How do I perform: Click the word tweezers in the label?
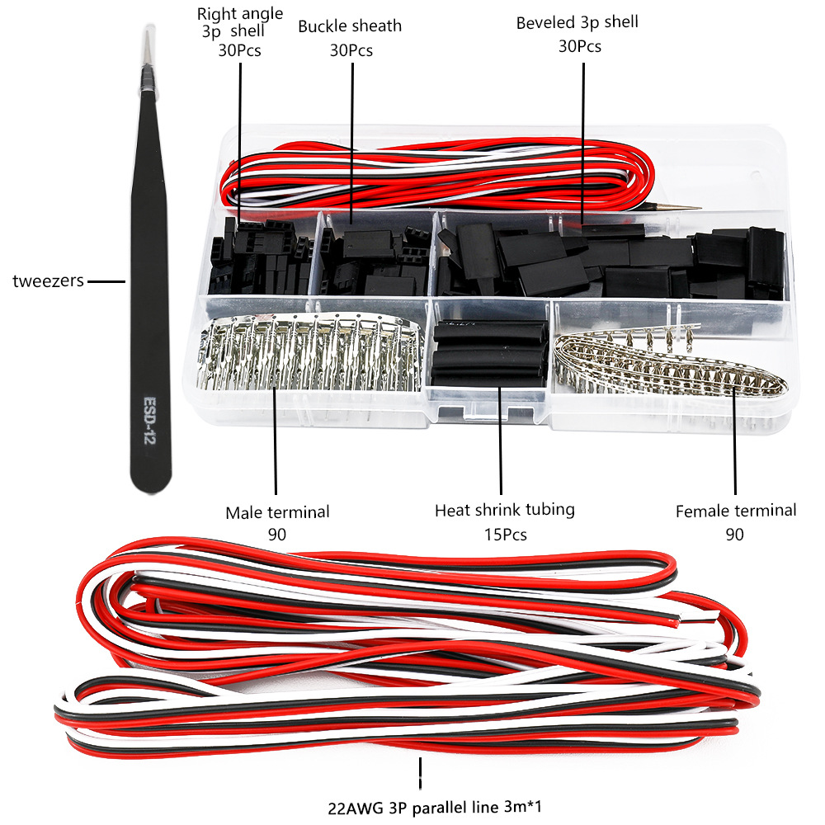[48, 281]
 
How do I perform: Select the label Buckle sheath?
[350, 26]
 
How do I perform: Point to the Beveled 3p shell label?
[577, 22]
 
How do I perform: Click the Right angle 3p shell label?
[240, 22]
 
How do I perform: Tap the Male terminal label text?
[277, 512]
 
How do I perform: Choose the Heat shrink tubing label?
[504, 510]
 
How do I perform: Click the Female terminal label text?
[736, 511]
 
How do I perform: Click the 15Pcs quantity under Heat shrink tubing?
[504, 535]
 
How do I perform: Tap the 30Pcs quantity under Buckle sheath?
[351, 50]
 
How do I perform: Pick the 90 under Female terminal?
[734, 535]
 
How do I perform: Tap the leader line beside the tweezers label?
[106, 281]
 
